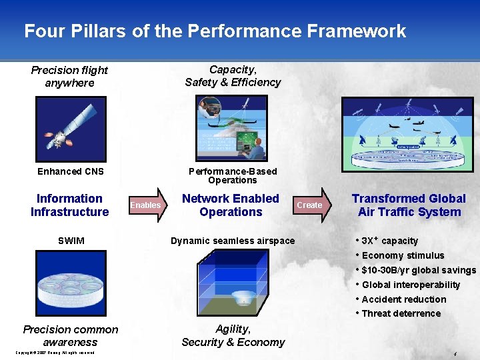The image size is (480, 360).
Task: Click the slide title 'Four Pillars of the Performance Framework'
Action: [x=215, y=31]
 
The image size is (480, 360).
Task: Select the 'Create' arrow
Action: [x=310, y=205]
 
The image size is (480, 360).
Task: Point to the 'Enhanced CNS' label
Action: [x=71, y=171]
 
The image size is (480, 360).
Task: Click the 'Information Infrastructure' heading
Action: [x=69, y=205]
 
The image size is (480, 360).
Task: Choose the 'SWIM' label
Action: [x=71, y=241]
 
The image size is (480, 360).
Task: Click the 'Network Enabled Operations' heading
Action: [x=231, y=205]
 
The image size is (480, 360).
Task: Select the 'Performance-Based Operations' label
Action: [x=232, y=176]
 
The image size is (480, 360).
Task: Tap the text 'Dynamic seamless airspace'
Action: [x=233, y=241]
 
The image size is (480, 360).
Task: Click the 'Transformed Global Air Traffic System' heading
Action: [x=409, y=205]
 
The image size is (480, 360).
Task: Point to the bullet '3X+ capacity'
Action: [x=389, y=241]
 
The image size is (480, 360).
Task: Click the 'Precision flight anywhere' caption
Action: [x=69, y=77]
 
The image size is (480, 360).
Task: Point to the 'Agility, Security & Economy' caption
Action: [x=233, y=336]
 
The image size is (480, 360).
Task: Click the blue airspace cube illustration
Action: [x=232, y=283]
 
